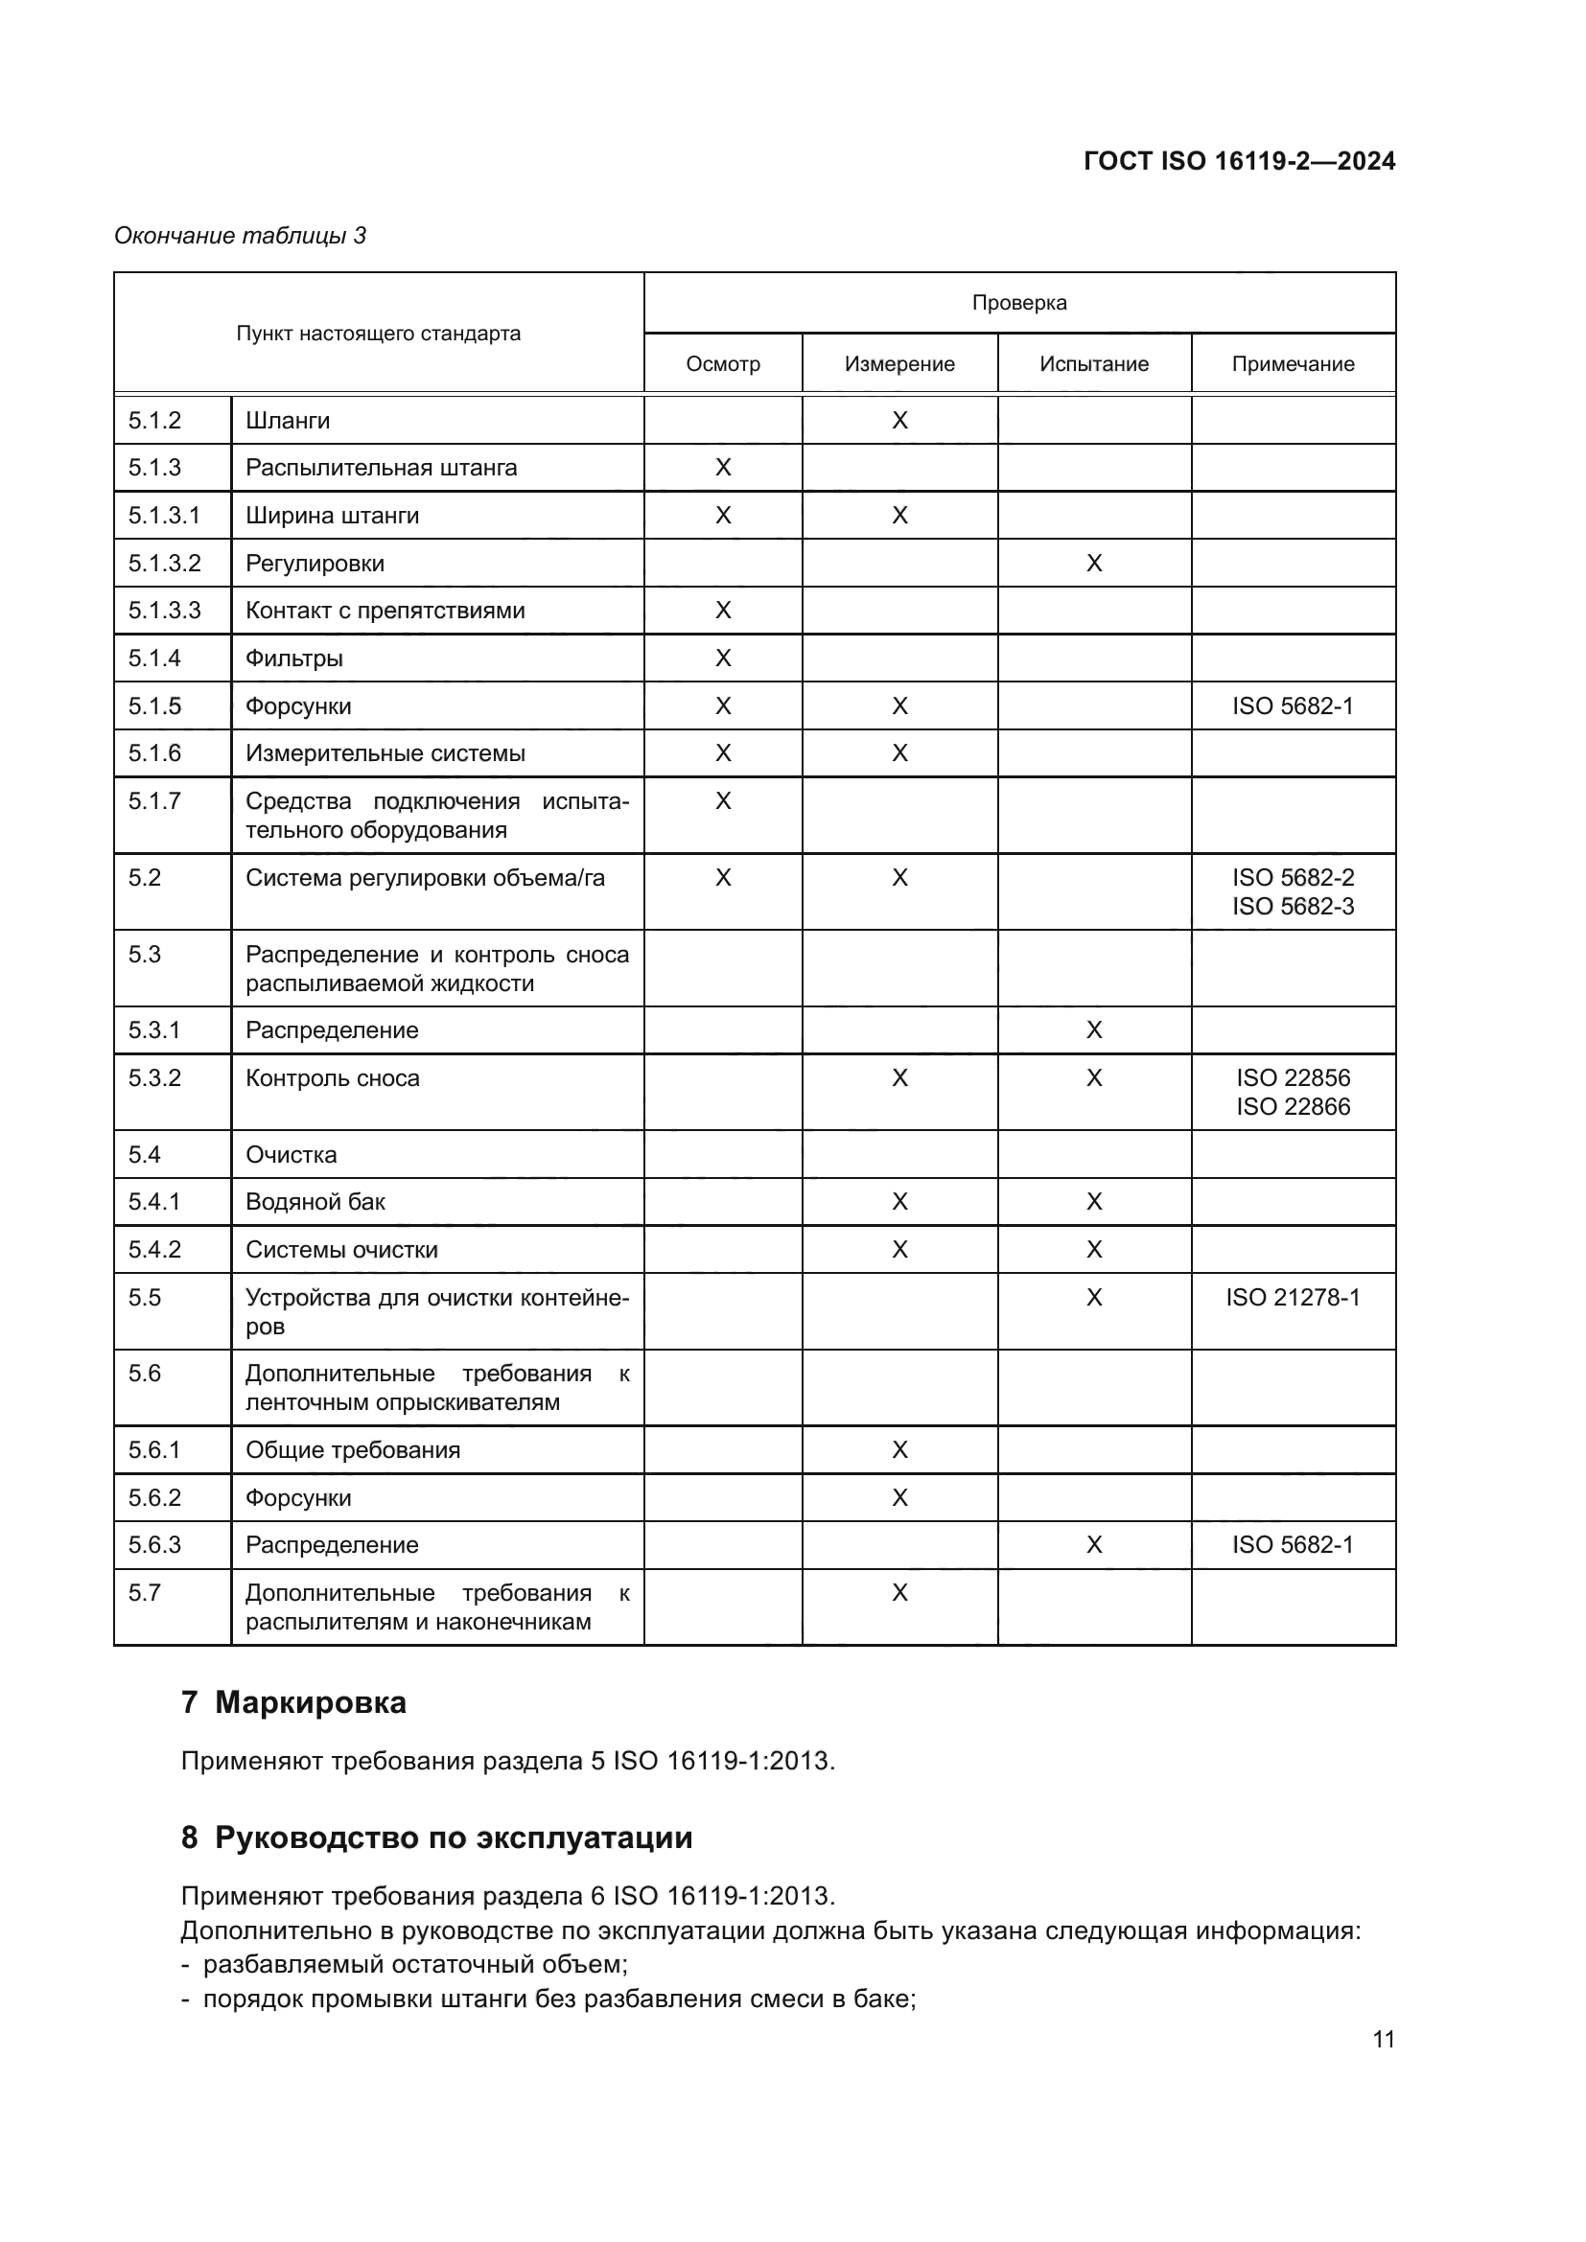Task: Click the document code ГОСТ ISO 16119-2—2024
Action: [1238, 161]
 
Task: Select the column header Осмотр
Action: [723, 364]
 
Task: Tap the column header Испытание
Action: [1094, 364]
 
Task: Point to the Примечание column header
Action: [1293, 364]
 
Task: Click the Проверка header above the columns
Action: [1018, 303]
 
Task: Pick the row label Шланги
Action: [288, 421]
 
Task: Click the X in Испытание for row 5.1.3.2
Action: [1094, 564]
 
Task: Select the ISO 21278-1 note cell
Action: [1293, 1297]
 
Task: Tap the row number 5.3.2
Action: [154, 1078]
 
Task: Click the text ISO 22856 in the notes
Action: [1293, 1078]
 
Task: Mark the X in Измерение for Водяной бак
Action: [899, 1202]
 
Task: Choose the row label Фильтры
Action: [294, 659]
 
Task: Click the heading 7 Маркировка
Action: [294, 1702]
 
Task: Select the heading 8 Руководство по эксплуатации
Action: [436, 1837]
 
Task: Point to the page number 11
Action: [1383, 2039]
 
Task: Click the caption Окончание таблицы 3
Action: [241, 236]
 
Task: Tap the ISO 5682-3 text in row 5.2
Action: [1293, 906]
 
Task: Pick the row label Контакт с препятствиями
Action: [385, 611]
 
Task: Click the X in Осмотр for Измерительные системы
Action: [723, 752]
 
